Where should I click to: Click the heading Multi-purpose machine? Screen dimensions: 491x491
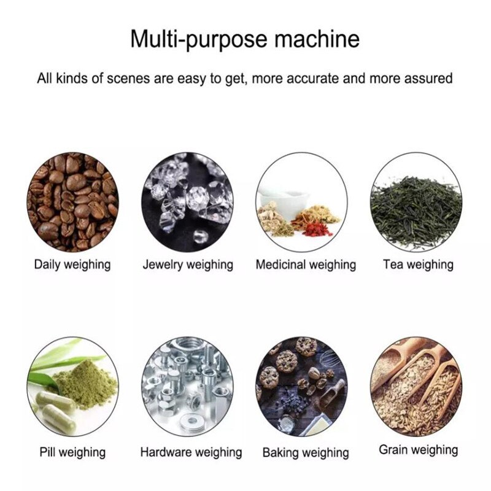(245, 39)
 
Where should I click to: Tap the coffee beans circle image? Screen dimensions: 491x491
(72, 201)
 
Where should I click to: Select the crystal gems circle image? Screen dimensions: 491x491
(187, 201)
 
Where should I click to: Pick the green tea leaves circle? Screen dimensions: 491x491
(416, 201)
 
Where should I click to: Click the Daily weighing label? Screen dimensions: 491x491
(72, 265)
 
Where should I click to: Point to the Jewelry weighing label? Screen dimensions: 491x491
(188, 265)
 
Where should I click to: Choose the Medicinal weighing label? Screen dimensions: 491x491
(306, 265)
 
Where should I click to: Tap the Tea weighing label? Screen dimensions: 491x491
(418, 265)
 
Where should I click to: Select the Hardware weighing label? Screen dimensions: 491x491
(191, 452)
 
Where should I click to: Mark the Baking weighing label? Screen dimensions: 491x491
(306, 453)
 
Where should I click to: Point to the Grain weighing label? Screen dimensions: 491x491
(418, 450)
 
